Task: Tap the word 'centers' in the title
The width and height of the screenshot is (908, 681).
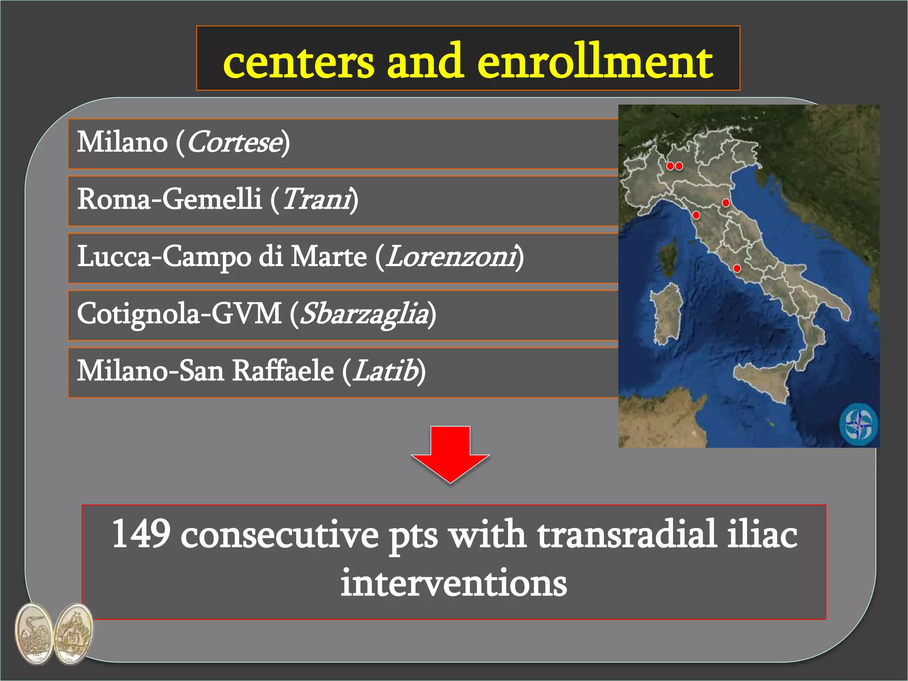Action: tap(299, 62)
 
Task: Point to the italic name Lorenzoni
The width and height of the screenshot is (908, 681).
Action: tap(450, 257)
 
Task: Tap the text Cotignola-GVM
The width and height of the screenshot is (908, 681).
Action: tap(179, 314)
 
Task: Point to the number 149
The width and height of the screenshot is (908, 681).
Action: tap(141, 534)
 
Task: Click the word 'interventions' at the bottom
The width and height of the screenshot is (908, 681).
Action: tap(454, 583)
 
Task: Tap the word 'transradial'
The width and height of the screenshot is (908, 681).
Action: tap(627, 534)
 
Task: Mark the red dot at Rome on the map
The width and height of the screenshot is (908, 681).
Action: tap(737, 268)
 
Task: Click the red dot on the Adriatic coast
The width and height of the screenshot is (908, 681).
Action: tap(726, 203)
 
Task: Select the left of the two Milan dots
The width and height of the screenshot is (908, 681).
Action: tap(670, 166)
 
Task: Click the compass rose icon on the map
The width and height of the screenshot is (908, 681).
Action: tap(858, 423)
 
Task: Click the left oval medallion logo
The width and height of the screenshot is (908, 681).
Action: tap(33, 634)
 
